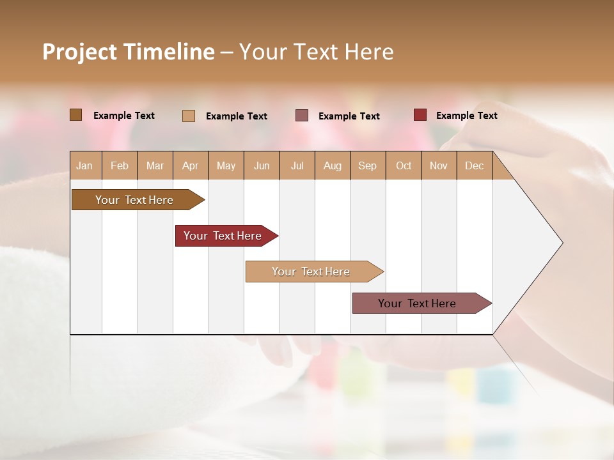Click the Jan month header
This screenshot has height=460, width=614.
pos(84,166)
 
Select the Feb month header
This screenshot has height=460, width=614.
pos(120,166)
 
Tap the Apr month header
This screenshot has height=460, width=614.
pos(190,166)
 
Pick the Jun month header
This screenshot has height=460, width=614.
pos(262,166)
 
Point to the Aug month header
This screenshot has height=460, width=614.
pos(332,166)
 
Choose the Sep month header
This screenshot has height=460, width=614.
pos(367,166)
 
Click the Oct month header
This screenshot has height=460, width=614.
pos(404,166)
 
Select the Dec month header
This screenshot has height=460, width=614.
pos(474,166)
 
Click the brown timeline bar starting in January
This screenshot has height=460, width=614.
pos(134,200)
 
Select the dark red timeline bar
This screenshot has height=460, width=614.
pos(223,236)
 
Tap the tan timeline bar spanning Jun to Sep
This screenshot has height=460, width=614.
pos(311,272)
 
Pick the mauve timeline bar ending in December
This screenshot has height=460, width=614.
pos(417,303)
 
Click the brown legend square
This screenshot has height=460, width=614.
pos(76,115)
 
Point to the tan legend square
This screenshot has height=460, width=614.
pos(189,116)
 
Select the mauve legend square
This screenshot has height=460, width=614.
pos(302,116)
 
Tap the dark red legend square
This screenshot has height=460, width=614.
pos(420,115)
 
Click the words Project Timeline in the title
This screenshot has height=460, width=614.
pos(129,52)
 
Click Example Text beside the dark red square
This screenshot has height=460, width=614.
pos(466,116)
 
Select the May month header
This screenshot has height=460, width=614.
pos(226,166)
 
